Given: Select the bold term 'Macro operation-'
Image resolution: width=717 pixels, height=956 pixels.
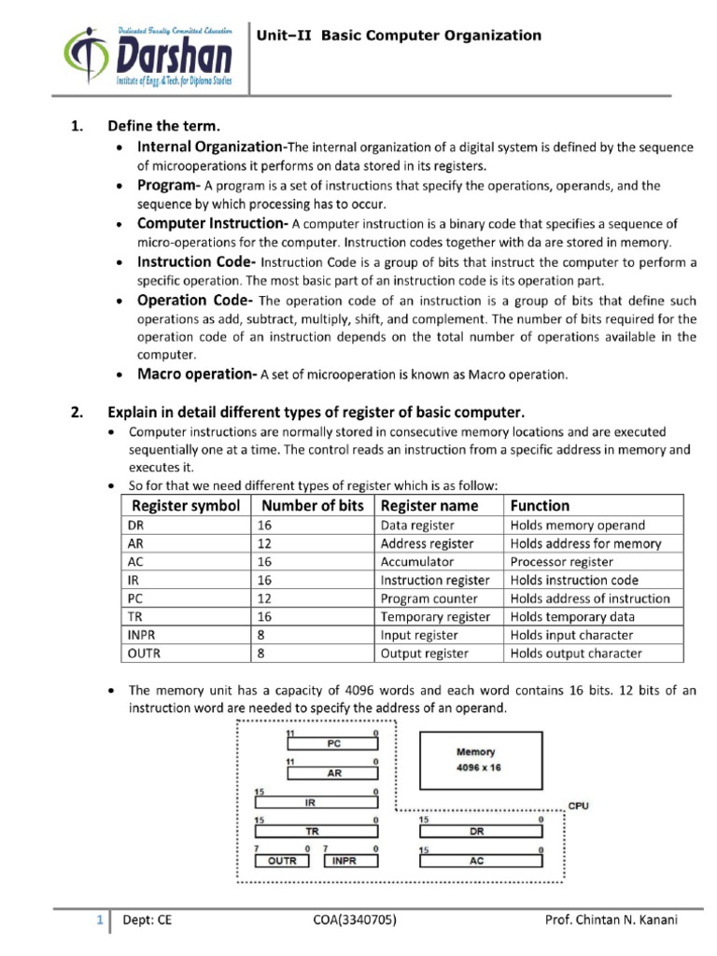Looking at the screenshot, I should coord(197,373).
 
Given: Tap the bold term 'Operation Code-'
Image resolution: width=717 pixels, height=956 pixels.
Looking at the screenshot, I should coord(195,300).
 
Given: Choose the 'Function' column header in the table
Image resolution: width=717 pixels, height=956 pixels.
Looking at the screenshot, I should coord(540,505).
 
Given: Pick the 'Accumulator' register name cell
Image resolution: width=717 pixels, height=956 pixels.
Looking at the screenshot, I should coord(417,561).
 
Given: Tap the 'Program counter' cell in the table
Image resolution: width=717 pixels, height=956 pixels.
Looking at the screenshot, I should coord(429,598).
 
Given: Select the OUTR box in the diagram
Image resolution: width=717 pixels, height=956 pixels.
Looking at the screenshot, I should coord(282,861).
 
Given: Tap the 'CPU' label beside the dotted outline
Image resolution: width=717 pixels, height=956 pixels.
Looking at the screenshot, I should coord(579,805).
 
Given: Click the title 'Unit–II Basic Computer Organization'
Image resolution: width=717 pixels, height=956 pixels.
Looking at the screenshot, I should coord(399,35).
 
